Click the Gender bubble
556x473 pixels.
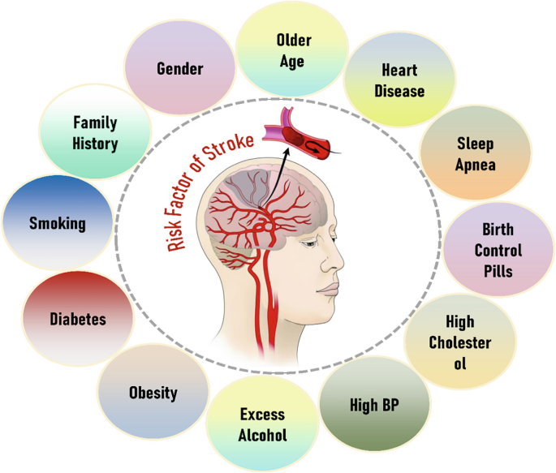tap(179, 68)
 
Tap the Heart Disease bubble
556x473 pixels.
tap(399, 80)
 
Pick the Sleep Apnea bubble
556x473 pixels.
tap(475, 154)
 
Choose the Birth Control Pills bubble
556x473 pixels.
tap(498, 251)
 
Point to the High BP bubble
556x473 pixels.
tap(375, 403)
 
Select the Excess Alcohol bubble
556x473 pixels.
tap(261, 424)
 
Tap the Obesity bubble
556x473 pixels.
tap(153, 393)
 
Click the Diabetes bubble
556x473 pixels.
tap(77, 319)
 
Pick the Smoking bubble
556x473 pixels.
tap(57, 223)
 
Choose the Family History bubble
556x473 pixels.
tap(95, 134)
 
